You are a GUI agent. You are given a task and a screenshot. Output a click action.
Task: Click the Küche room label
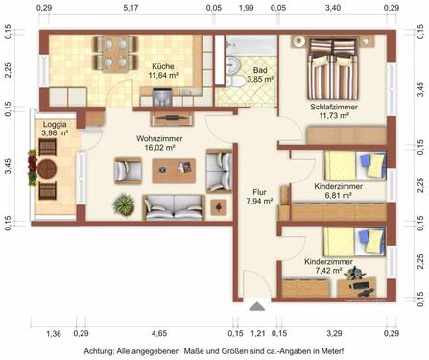[162, 65]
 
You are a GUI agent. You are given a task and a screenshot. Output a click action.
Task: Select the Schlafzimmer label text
[333, 107]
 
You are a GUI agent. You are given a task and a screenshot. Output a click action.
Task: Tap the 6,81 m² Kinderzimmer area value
[332, 194]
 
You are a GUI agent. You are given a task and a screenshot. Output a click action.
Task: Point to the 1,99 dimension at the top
[246, 8]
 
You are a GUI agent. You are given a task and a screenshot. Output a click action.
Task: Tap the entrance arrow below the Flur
[255, 307]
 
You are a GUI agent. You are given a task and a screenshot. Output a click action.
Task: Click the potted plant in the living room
[123, 204]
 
